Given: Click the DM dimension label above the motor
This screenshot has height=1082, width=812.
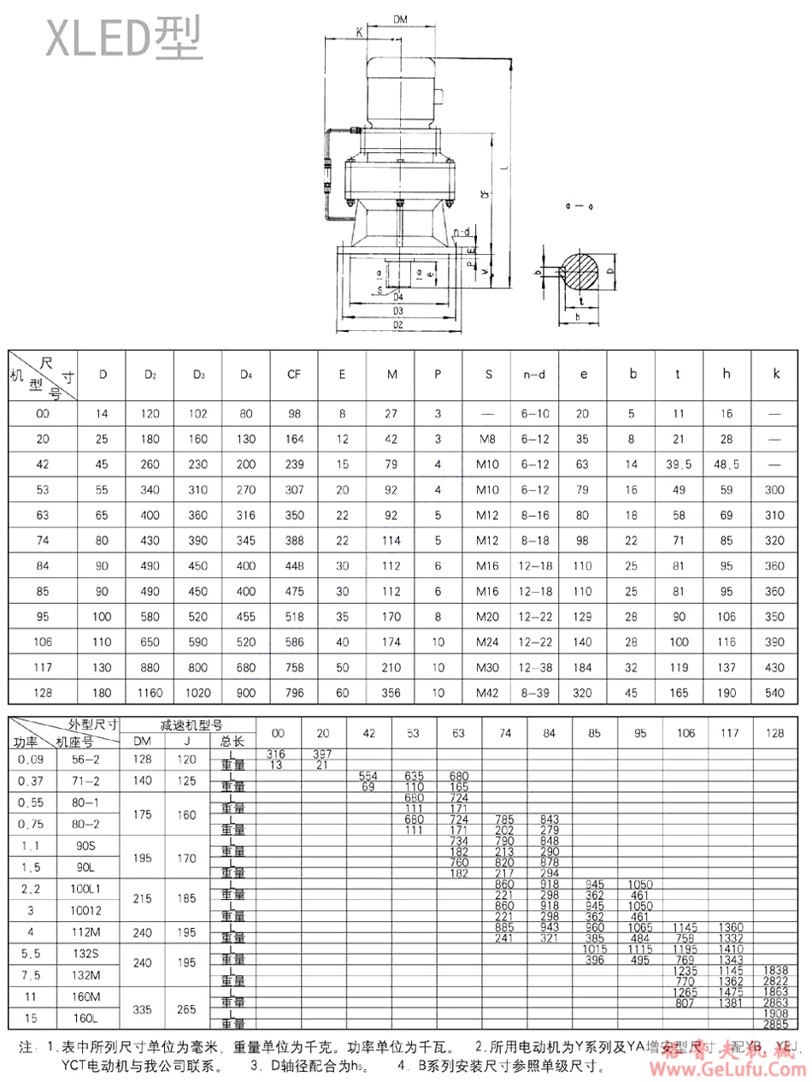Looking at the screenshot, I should coord(399,19).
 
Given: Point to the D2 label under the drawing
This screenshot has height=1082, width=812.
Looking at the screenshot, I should coord(397,325).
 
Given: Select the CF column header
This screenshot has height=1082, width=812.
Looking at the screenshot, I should coord(293,374).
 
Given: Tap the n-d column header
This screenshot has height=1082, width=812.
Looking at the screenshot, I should coord(536,374).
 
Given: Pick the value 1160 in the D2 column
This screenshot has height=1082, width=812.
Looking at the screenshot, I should coord(150,692).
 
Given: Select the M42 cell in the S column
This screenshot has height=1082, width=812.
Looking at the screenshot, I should coord(487,692).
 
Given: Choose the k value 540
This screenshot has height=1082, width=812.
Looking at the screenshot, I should coord(776,692).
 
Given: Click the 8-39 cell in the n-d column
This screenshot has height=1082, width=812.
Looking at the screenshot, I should coord(536,692).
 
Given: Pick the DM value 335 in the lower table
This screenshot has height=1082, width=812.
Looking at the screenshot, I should coord(143,1008).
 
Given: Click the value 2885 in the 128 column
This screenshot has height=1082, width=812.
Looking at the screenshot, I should coord(774,1023).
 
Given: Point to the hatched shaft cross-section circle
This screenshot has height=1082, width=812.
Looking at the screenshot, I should coord(581,271).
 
